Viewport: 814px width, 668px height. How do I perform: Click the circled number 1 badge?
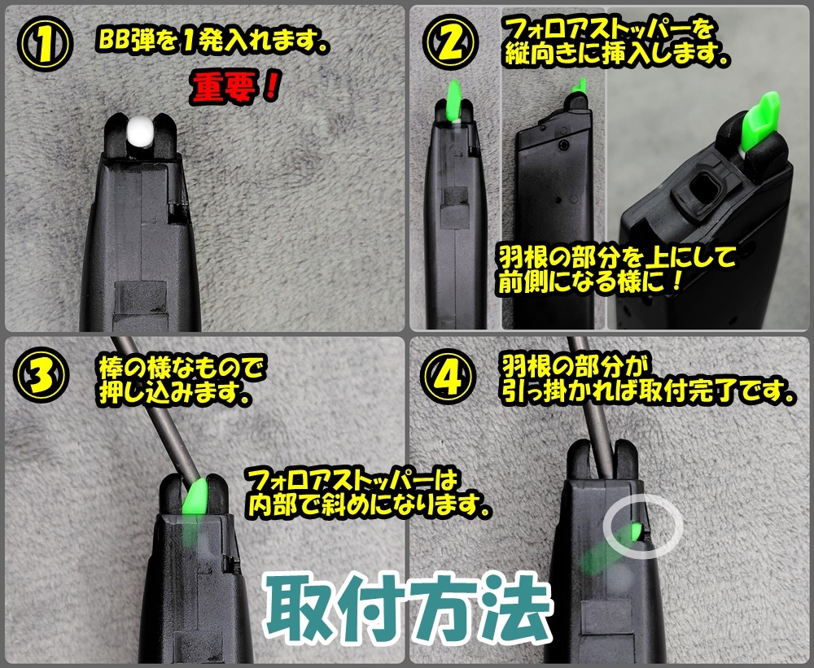(45, 44)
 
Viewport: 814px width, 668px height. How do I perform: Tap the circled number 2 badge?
(450, 42)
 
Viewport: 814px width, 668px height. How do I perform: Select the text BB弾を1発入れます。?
(212, 41)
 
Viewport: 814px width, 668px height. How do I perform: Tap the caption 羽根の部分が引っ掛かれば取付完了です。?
(648, 380)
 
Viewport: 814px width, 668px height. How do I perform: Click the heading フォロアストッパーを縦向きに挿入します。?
(617, 41)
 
